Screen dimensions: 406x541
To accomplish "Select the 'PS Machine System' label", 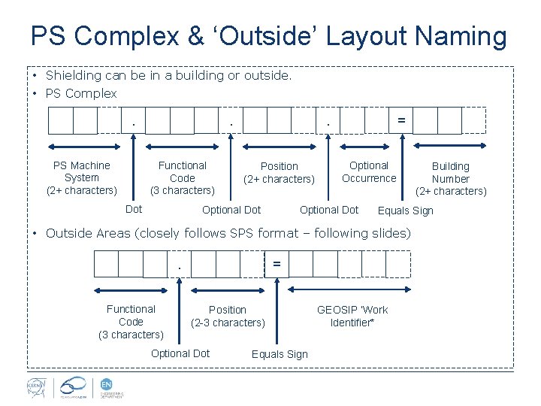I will (x=81, y=177).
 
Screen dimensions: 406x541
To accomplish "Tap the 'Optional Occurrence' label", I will (x=368, y=171).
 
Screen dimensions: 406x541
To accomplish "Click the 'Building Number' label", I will (x=451, y=178).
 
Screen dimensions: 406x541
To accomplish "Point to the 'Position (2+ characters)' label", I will (x=279, y=172).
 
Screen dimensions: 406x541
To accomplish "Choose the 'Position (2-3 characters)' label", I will (x=228, y=316).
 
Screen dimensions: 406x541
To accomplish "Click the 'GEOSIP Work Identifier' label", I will (x=352, y=316).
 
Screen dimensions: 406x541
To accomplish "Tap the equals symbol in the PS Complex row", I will (x=401, y=120).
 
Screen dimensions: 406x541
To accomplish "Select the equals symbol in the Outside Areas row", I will (x=277, y=263).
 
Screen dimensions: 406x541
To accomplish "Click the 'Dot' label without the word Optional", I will (x=134, y=209).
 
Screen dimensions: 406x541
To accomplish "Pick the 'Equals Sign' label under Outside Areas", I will (x=280, y=354).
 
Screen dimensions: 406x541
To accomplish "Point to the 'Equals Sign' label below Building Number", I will (x=405, y=211).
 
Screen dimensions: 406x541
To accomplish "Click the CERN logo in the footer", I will (x=35, y=386).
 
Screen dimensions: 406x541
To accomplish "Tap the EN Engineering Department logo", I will (x=110, y=386).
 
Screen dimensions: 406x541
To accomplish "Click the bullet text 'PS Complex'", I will (x=81, y=93).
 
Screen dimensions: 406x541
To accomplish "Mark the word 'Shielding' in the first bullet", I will (x=73, y=75).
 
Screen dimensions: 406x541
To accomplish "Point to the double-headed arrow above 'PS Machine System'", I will (x=81, y=147).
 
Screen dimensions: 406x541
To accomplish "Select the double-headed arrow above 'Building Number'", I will (x=451, y=147).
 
